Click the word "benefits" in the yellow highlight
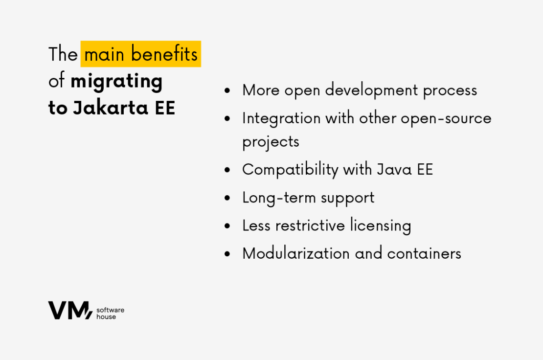tap(164, 54)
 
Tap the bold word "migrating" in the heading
tap(116, 82)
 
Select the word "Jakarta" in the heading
tap(111, 108)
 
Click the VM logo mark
tap(70, 310)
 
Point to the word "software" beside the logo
tap(110, 310)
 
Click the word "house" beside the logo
tap(106, 317)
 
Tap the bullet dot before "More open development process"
tap(227, 90)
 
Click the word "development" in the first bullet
tap(372, 90)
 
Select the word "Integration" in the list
tap(281, 119)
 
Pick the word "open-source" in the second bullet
tap(446, 119)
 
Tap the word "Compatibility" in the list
tap(290, 170)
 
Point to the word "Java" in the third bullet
tap(394, 170)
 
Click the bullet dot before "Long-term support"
tap(227, 198)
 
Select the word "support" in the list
tap(347, 199)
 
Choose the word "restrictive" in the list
tap(310, 225)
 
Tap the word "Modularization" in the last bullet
tap(296, 253)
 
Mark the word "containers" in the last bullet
tap(424, 254)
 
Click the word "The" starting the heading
tap(63, 54)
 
